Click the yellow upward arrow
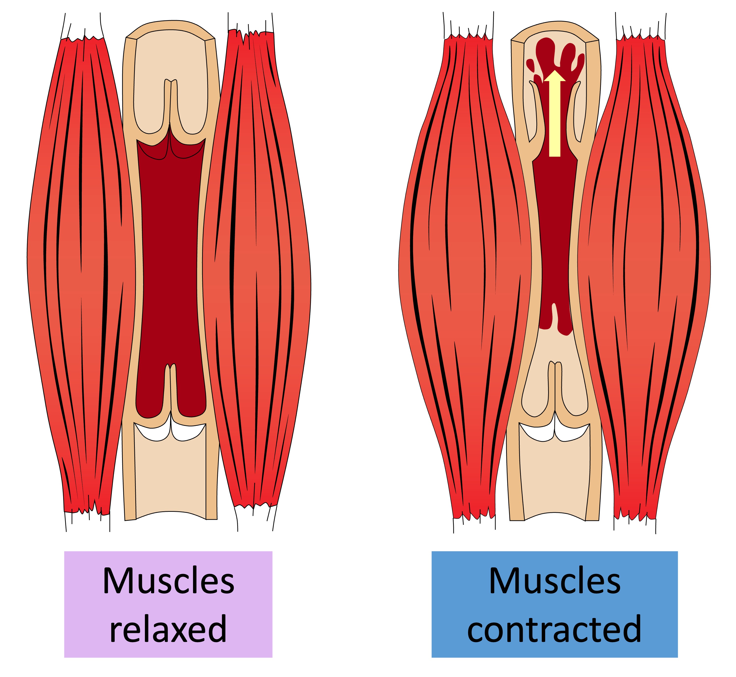tap(555, 117)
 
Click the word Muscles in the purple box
tap(168, 581)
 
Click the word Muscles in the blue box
tap(555, 581)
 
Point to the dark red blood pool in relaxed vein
tap(170, 256)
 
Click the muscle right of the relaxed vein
tap(256, 275)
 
